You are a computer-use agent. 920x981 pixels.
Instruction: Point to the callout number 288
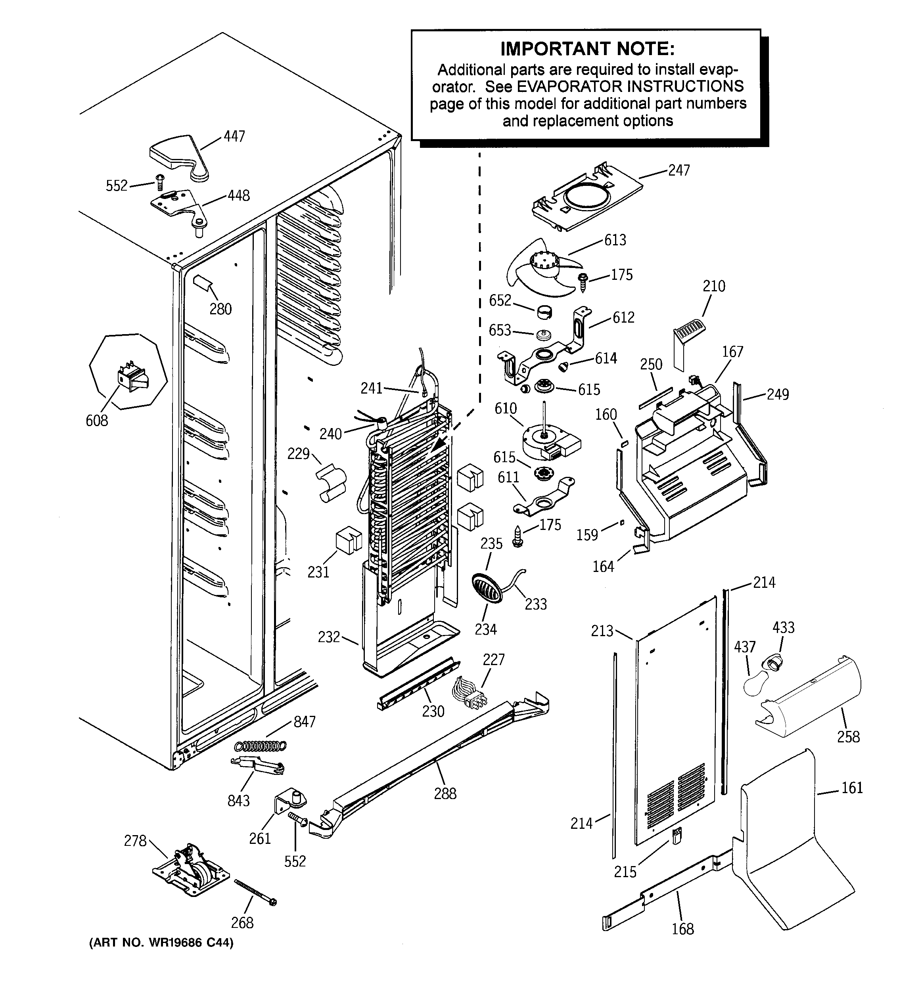[x=445, y=794]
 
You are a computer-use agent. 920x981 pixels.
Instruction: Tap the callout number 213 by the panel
[x=602, y=631]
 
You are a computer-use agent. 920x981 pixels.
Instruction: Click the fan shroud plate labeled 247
[x=588, y=197]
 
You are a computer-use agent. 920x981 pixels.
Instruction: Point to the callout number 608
[x=97, y=421]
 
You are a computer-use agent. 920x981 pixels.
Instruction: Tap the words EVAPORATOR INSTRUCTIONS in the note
[x=630, y=86]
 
